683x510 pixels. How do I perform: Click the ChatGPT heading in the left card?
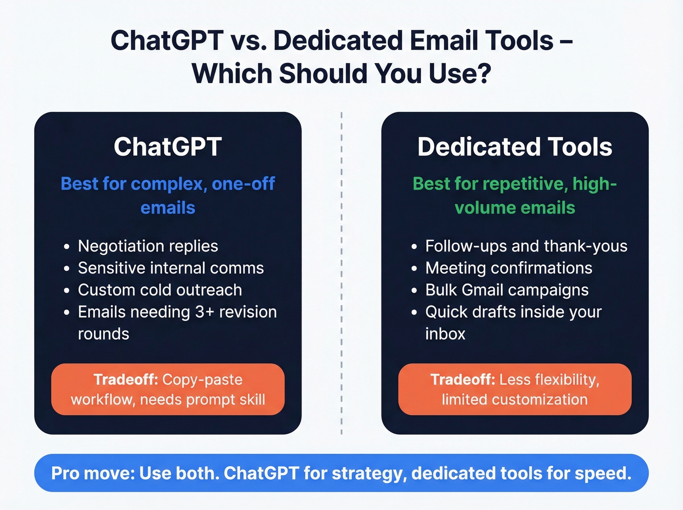point(167,147)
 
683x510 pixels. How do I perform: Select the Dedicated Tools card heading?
point(515,147)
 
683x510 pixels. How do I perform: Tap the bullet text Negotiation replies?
point(148,246)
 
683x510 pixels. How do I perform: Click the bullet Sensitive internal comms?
point(171,268)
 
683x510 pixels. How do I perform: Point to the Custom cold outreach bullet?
point(160,290)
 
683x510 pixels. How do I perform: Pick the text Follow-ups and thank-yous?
point(526,246)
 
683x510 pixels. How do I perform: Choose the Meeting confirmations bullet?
point(508,268)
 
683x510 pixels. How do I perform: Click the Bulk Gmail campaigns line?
point(506,290)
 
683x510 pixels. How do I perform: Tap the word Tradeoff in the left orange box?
point(125,380)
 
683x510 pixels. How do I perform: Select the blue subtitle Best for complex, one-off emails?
point(167,195)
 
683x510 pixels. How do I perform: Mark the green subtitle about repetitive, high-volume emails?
point(515,195)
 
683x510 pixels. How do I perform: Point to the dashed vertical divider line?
point(341,273)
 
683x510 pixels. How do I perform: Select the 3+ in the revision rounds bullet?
point(204,312)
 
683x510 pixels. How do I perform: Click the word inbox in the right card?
point(445,334)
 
